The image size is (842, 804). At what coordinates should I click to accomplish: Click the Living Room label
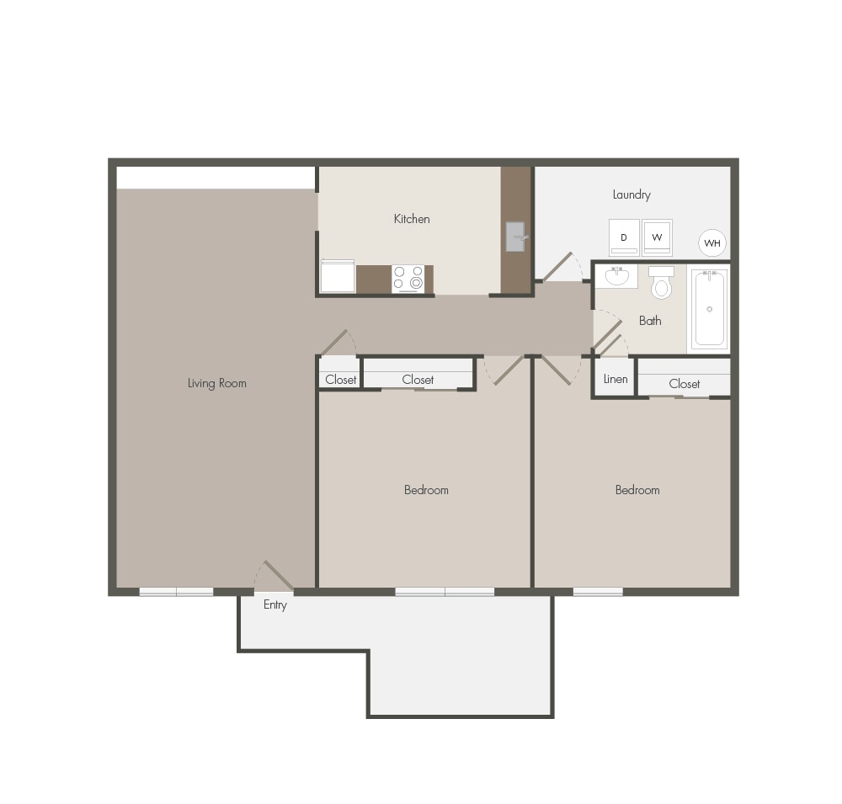point(216,383)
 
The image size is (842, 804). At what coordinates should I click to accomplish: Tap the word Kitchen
point(412,219)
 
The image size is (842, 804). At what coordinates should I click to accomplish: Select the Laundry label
point(631,194)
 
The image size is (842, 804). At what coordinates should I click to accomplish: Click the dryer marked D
point(624,237)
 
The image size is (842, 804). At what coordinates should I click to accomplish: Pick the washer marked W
point(657,237)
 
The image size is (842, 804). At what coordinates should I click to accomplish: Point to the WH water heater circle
point(712,243)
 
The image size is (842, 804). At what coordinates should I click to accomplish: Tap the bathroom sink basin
point(617,276)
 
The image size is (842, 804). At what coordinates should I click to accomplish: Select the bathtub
point(709,309)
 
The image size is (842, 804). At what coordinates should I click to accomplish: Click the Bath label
point(650,321)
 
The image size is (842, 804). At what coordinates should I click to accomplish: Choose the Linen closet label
point(616,379)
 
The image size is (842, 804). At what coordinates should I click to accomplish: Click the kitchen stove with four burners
point(408,279)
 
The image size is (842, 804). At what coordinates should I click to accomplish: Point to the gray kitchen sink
point(515,237)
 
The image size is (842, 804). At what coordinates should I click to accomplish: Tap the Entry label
point(275,604)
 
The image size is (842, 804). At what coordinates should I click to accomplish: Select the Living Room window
point(176,592)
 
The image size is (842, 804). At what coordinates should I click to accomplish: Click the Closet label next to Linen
point(684,384)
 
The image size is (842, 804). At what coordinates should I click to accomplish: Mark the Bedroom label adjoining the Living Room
point(426,490)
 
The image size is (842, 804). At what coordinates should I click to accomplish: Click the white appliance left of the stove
point(338,276)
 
